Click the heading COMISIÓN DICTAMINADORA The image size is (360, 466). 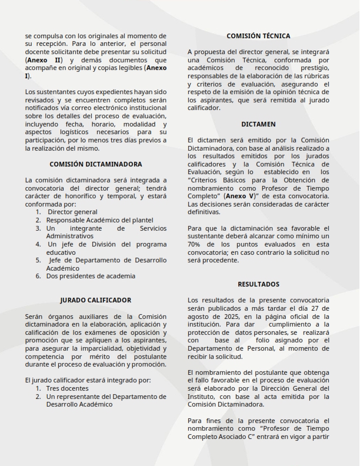tap(95, 164)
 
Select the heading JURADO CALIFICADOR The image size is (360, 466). tap(95, 300)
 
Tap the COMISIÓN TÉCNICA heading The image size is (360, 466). tap(258, 36)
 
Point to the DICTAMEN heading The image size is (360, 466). tap(258, 124)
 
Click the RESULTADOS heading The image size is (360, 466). tap(258, 284)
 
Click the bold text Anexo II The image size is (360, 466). tap(44, 60)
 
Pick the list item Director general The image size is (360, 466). tap(72, 212)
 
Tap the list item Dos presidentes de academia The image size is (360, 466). tap(91, 276)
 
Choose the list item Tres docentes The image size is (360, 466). tap(68, 388)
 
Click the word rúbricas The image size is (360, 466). tap(315, 76)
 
